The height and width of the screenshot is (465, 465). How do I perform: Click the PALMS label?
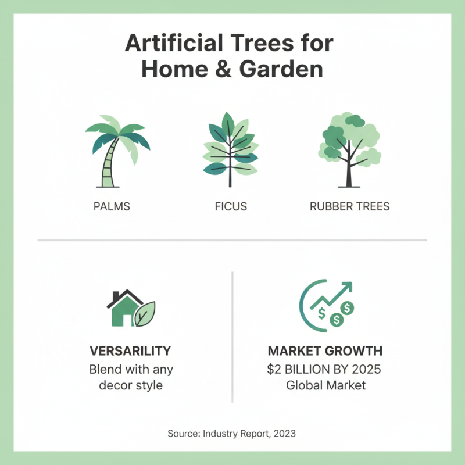pos(112,207)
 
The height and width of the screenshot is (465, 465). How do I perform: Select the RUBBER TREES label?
pos(350,207)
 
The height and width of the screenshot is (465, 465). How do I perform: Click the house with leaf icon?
pos(131,309)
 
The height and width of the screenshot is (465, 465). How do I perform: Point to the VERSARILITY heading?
pos(130,351)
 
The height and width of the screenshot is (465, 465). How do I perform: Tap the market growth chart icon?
pos(327,303)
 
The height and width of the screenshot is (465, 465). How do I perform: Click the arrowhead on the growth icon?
pos(347,287)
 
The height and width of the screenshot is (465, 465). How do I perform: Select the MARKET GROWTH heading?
pos(325,351)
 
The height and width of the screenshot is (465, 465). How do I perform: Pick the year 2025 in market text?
pos(364,369)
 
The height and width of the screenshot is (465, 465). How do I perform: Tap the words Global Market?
pos(326,385)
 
